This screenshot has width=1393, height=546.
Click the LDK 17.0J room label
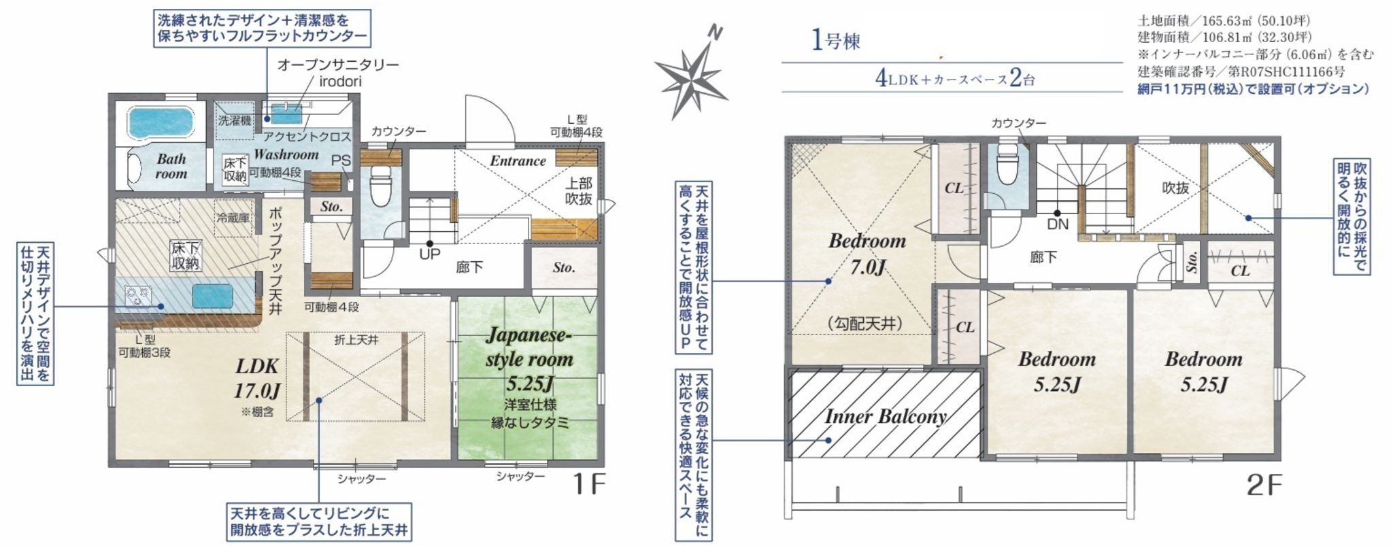258,378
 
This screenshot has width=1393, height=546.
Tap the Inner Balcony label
886,416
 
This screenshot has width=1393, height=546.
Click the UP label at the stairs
430,255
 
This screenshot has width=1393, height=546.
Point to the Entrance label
518,161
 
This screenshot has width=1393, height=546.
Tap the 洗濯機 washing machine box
234,120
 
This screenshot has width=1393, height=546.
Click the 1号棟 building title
836,40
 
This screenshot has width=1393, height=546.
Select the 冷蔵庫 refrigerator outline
233,218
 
